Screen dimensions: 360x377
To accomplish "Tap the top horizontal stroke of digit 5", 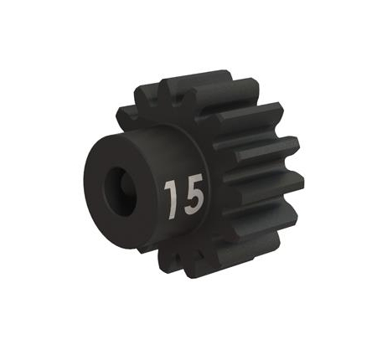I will click(x=193, y=180).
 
